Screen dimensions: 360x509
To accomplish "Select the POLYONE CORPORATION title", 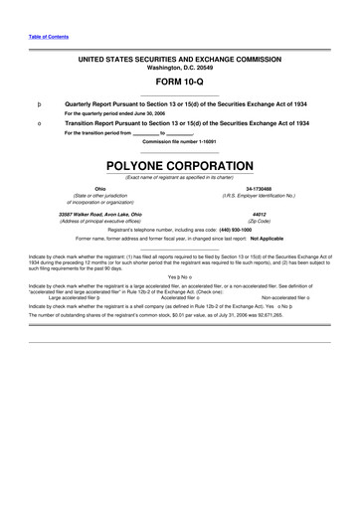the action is tap(179, 162).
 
